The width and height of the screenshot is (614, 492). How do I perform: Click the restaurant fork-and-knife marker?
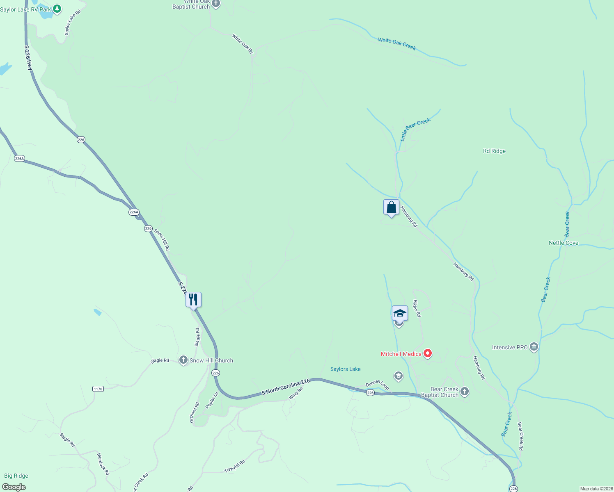click(193, 300)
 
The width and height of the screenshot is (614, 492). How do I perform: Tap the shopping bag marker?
click(391, 207)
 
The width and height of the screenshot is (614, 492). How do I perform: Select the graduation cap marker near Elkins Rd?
click(400, 314)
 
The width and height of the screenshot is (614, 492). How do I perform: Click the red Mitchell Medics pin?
click(428, 353)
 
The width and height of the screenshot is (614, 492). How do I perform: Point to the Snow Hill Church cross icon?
click(183, 360)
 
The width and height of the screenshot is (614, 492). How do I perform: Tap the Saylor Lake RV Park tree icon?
click(57, 9)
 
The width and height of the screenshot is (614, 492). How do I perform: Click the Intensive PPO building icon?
click(534, 347)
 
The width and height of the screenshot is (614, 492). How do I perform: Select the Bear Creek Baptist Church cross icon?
click(465, 392)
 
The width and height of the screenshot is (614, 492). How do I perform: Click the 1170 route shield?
click(98, 389)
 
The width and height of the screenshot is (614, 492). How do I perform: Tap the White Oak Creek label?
click(397, 43)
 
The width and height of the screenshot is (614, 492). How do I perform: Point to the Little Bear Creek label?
click(415, 129)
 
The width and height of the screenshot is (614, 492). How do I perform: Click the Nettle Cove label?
click(564, 243)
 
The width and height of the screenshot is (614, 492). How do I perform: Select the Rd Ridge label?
click(494, 151)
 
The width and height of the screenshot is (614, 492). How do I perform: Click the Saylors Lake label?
click(346, 369)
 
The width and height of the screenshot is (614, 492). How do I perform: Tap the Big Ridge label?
click(16, 476)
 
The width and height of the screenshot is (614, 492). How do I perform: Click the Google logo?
click(14, 487)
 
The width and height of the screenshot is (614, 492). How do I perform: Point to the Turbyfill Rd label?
click(234, 466)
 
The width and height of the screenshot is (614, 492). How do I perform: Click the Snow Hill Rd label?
click(162, 240)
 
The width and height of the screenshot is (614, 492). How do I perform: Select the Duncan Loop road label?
click(377, 385)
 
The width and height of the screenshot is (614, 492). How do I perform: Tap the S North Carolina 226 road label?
click(286, 387)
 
